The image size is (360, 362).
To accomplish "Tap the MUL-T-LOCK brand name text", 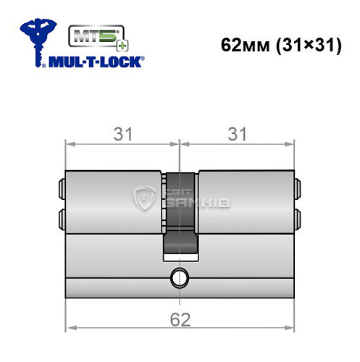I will click(94, 61).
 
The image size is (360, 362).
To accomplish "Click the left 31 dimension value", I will click(120, 133).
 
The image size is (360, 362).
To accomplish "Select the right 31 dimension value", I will click(238, 133).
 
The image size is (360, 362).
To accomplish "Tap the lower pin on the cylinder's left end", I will click(60, 218).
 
